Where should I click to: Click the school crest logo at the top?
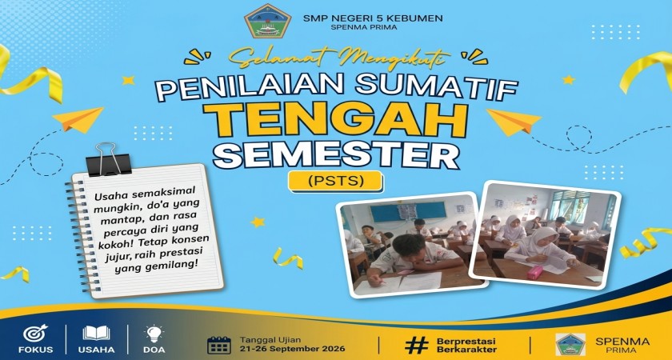[268, 21]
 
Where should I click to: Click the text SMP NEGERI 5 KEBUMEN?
[373, 18]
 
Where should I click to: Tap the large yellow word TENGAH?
[335, 121]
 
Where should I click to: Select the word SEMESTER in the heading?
[336, 155]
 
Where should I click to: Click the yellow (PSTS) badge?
[335, 182]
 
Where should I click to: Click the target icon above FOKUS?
[35, 334]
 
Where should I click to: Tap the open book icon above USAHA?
[97, 333]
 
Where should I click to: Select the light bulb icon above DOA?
[154, 334]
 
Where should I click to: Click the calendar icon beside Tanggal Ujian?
[219, 345]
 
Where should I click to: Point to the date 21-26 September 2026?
[292, 349]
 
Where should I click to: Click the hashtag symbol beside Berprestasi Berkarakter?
[417, 345]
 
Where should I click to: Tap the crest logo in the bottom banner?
[570, 344]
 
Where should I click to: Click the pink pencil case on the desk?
[535, 273]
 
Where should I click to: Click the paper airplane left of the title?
[78, 119]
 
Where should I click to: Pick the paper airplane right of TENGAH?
[513, 122]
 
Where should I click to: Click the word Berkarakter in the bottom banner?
[466, 350]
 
